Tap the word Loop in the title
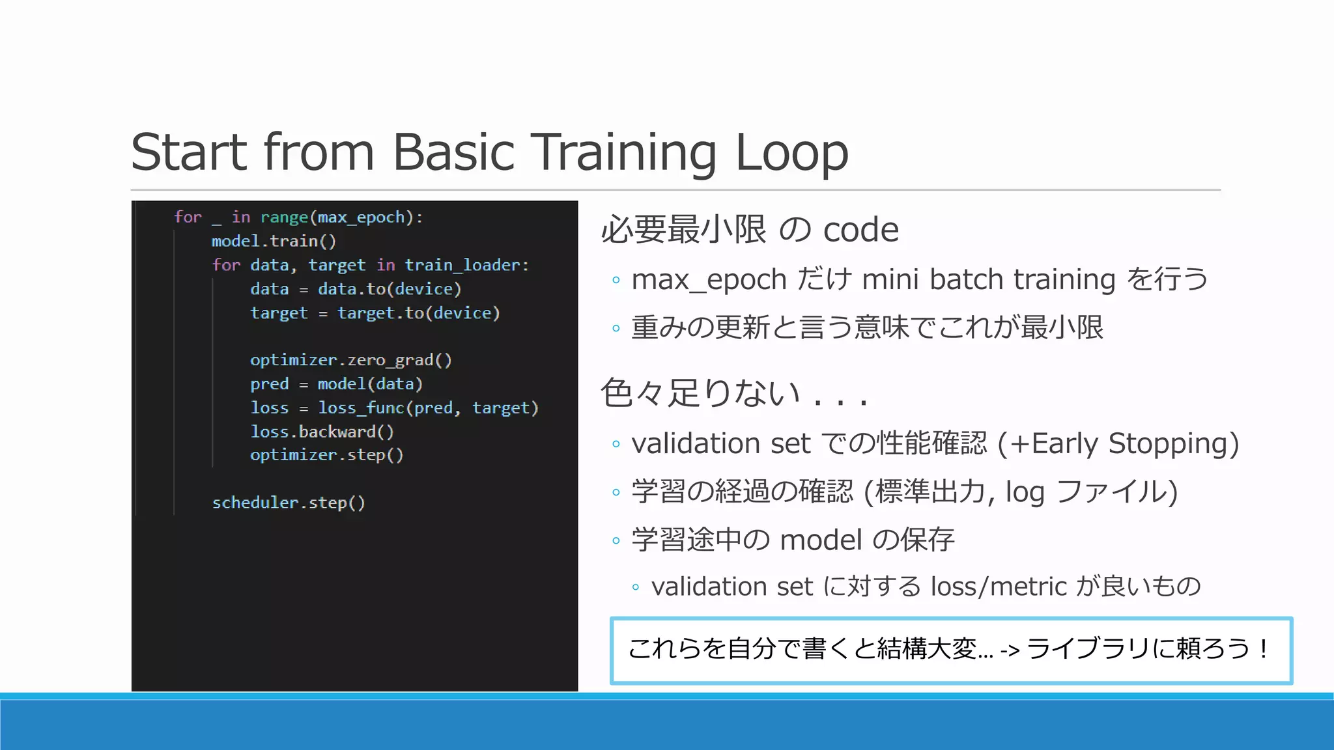pyautogui.click(x=791, y=152)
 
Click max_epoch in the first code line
pyautogui.click(x=362, y=217)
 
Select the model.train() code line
pyautogui.click(x=274, y=241)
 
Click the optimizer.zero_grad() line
pyautogui.click(x=350, y=360)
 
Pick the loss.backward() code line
pyautogui.click(x=322, y=432)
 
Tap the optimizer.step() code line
pyautogui.click(x=326, y=455)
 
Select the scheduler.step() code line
pyautogui.click(x=289, y=503)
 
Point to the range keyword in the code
pyautogui.click(x=284, y=217)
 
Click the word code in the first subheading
pyautogui.click(x=860, y=230)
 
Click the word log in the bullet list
pyautogui.click(x=1025, y=492)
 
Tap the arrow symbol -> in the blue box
pyautogui.click(x=1010, y=649)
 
